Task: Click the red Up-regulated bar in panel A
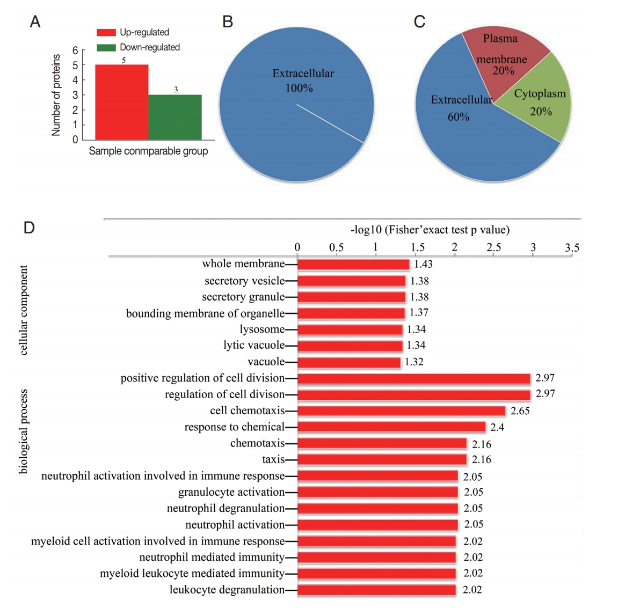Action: pyautogui.click(x=122, y=102)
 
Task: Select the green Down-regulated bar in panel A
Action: pyautogui.click(x=175, y=117)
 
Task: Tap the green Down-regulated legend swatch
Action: pyautogui.click(x=106, y=47)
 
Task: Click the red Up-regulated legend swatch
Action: pyautogui.click(x=106, y=32)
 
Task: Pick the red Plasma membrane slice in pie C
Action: pyautogui.click(x=502, y=56)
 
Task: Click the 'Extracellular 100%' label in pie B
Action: pyautogui.click(x=302, y=80)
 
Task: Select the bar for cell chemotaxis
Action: pyautogui.click(x=401, y=411)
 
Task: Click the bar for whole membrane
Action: pyautogui.click(x=353, y=264)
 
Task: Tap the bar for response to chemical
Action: pyautogui.click(x=391, y=427)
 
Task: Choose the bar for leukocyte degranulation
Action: pyautogui.click(x=376, y=590)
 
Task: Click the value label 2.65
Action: pyautogui.click(x=520, y=411)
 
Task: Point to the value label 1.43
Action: pyautogui.click(x=423, y=264)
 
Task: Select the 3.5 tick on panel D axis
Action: pyautogui.click(x=572, y=247)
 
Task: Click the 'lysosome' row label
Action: pyautogui.click(x=262, y=329)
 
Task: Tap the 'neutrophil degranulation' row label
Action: pyautogui.click(x=226, y=508)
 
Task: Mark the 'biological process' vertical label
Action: pyautogui.click(x=23, y=431)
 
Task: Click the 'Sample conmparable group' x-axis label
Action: pyautogui.click(x=148, y=151)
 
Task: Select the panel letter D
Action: pyautogui.click(x=29, y=228)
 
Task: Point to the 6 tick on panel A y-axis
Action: pyautogui.click(x=75, y=50)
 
